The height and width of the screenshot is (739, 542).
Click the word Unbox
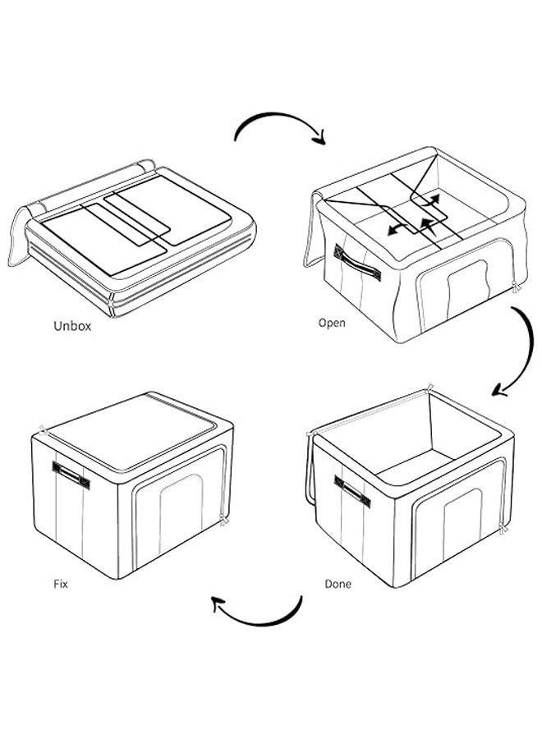point(72,326)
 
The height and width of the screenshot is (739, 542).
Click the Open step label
point(332,323)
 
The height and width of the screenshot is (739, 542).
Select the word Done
point(338,584)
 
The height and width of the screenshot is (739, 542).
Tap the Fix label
point(59,584)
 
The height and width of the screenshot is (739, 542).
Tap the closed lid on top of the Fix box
point(135,434)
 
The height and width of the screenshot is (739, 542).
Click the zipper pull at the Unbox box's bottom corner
point(112,309)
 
